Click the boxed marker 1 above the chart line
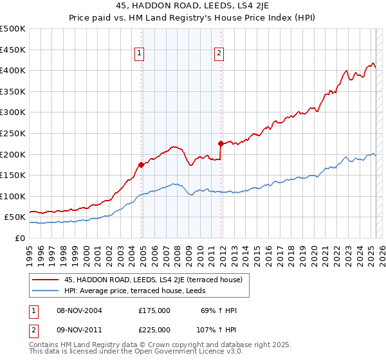[140, 54]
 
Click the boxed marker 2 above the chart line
[219, 54]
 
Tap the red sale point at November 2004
[141, 165]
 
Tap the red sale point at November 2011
[221, 143]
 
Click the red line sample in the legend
[46, 280]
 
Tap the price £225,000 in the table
[155, 330]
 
